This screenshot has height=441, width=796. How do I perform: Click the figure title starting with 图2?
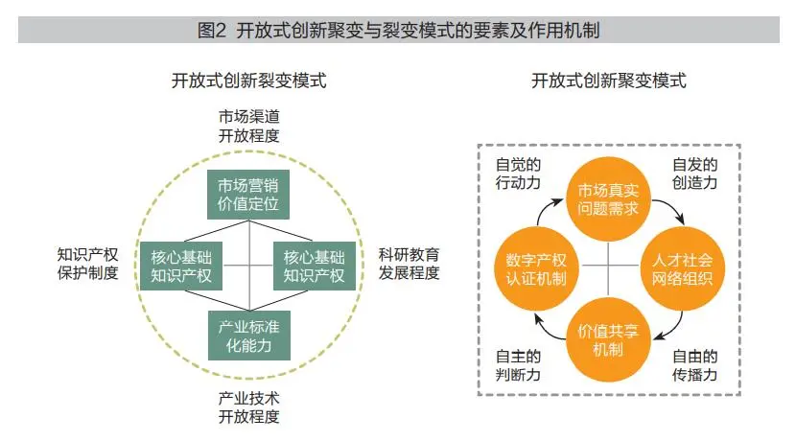tap(399, 31)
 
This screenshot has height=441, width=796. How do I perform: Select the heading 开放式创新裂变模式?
tap(248, 81)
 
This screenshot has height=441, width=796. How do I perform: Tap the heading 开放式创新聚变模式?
tap(609, 81)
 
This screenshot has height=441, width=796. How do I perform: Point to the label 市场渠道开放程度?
tap(248, 126)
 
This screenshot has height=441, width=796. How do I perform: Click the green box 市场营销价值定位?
tap(248, 195)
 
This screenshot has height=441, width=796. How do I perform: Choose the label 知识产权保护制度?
tap(87, 264)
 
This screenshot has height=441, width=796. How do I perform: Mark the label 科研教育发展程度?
tap(409, 264)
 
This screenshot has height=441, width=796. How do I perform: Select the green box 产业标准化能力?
tap(249, 336)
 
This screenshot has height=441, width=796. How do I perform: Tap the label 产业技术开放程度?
tap(248, 407)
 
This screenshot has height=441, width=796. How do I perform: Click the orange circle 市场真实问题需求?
tap(608, 199)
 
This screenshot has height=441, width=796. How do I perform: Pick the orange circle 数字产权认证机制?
tap(536, 269)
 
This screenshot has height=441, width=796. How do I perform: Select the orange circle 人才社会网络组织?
tap(682, 269)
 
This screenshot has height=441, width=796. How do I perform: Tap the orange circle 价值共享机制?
tap(608, 339)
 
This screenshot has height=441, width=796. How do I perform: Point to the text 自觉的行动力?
tap(518, 174)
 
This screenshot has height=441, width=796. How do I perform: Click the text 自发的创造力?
tap(694, 174)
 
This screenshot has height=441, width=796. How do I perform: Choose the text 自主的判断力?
tap(518, 365)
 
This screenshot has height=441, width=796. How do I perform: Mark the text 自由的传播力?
tap(694, 365)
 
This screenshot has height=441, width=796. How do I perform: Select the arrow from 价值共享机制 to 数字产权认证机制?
tap(546, 331)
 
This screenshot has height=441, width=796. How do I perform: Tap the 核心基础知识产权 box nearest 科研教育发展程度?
tap(315, 267)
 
